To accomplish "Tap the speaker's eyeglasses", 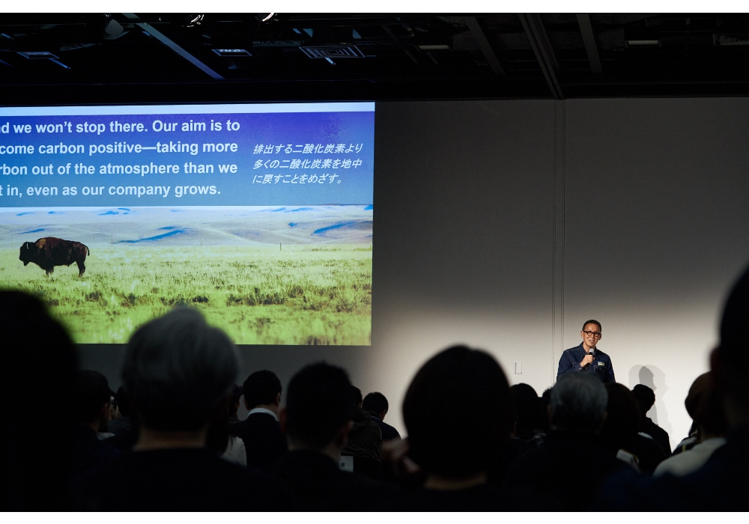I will click(592, 333).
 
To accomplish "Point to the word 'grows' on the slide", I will click(196, 189).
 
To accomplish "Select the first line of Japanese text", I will click(308, 148).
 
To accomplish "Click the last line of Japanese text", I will click(297, 179).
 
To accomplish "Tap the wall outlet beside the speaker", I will click(518, 368).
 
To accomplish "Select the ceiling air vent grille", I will click(332, 52).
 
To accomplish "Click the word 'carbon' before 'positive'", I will click(55, 148).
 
